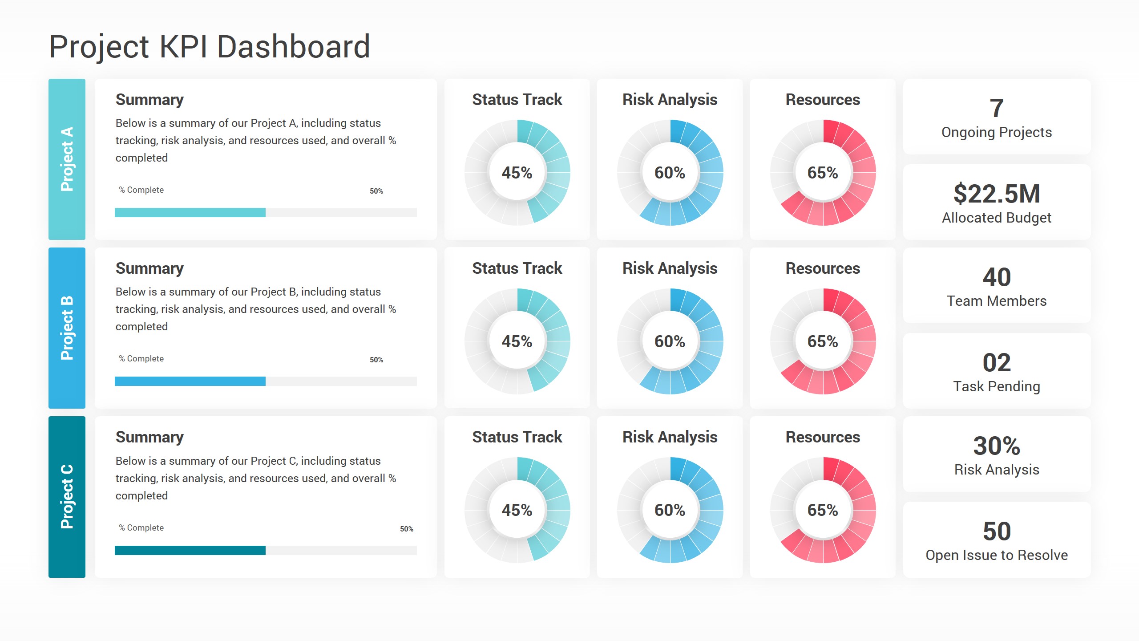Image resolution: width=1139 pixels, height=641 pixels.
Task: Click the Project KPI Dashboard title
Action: (209, 47)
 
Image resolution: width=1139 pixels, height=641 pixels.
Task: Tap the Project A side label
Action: (67, 159)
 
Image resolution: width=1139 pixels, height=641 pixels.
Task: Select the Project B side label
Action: (67, 328)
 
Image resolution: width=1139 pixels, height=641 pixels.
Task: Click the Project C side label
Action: (67, 497)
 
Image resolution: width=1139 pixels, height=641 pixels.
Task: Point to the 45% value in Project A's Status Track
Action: (517, 173)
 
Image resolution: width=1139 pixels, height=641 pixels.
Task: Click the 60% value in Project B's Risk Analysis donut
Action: (670, 341)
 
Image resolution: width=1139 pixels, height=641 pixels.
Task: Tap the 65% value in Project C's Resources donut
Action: (823, 510)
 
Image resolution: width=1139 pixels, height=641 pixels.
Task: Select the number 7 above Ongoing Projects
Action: (996, 108)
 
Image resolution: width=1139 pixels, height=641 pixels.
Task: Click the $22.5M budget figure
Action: (996, 194)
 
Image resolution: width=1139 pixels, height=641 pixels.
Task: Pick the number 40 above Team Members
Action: (996, 277)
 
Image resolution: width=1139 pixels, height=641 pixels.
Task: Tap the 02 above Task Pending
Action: (996, 362)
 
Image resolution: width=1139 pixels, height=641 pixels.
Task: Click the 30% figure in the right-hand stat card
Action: (996, 446)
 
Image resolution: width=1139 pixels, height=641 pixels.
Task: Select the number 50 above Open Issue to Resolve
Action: (996, 531)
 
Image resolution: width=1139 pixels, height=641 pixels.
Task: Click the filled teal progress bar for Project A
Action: (190, 212)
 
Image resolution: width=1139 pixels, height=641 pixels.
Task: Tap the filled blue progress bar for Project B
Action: (190, 381)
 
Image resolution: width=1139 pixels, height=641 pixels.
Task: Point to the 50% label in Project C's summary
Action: (406, 529)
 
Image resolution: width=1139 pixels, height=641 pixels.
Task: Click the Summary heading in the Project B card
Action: (149, 268)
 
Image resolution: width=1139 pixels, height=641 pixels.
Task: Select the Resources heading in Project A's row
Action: (823, 100)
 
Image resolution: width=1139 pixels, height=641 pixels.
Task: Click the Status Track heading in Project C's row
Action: (517, 437)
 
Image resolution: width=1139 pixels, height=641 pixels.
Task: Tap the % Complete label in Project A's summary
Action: (141, 190)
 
